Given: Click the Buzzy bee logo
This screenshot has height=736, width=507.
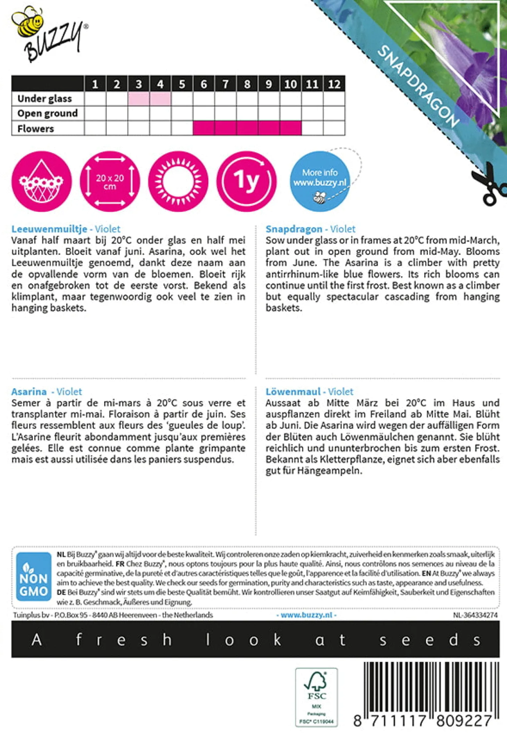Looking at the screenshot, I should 49,35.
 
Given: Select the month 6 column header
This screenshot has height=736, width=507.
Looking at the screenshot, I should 204,84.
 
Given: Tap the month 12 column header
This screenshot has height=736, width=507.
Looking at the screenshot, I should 334,84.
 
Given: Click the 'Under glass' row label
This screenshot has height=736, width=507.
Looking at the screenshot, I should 44,99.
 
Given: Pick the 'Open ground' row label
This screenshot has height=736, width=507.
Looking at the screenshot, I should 48,114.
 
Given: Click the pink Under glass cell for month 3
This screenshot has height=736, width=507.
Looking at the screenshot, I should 139,99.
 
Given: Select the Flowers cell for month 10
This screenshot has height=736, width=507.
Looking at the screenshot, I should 291,128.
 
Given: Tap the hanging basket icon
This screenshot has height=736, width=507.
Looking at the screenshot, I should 41,181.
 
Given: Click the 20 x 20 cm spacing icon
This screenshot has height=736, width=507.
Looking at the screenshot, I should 110,181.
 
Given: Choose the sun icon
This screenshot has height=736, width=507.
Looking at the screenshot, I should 178,181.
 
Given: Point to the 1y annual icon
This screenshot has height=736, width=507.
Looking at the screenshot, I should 247,181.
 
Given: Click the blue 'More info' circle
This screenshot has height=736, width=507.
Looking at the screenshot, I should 320,181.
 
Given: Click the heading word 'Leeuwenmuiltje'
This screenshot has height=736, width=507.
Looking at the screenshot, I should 49,229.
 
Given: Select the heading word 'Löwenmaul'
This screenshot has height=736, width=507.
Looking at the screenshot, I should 293,392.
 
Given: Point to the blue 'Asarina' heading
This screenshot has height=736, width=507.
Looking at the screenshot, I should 29,392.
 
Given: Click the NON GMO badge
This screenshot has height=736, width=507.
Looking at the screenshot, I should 34,576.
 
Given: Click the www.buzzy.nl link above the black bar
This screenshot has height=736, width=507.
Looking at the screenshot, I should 306,615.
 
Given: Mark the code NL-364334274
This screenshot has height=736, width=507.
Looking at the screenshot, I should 475,615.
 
